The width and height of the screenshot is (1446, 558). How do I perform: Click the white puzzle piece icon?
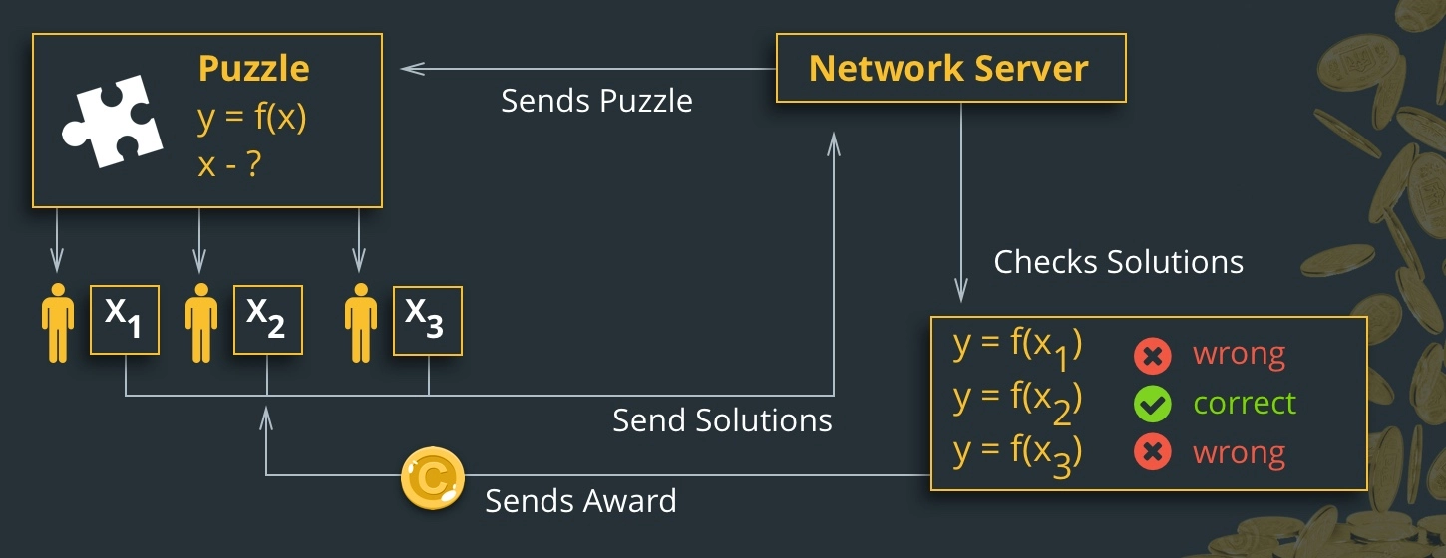pyautogui.click(x=112, y=122)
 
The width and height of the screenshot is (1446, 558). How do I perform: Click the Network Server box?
pyautogui.click(x=951, y=68)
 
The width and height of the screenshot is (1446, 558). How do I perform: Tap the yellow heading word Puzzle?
pyautogui.click(x=253, y=69)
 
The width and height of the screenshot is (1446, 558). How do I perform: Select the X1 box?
pyautogui.click(x=125, y=320)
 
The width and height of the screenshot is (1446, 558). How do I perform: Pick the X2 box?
pyautogui.click(x=268, y=320)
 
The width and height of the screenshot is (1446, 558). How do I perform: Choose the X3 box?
pyautogui.click(x=428, y=321)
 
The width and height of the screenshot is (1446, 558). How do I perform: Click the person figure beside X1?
pyautogui.click(x=58, y=323)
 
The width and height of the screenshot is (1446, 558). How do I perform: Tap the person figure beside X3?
pyautogui.click(x=361, y=323)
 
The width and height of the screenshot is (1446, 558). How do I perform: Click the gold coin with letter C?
pyautogui.click(x=433, y=478)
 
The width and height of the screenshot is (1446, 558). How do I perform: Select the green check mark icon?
pyautogui.click(x=1152, y=404)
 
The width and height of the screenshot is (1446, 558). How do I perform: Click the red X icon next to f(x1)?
pyautogui.click(x=1152, y=356)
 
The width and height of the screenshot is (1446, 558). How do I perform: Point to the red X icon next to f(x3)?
pyautogui.click(x=1152, y=452)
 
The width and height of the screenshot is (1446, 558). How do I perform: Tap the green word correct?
pyautogui.click(x=1244, y=404)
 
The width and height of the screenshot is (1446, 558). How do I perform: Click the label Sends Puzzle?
pyautogui.click(x=596, y=102)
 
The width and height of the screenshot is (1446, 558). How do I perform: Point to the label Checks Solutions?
pyautogui.click(x=1118, y=262)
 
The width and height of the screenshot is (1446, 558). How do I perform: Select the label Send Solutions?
pyautogui.click(x=722, y=420)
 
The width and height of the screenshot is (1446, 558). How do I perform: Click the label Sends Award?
pyautogui.click(x=580, y=501)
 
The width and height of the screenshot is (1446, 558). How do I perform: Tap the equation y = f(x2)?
pyautogui.click(x=1017, y=403)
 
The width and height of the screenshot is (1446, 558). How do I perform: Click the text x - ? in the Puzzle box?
pyautogui.click(x=229, y=165)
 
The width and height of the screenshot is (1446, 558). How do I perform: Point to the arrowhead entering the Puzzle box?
pyautogui.click(x=412, y=69)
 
